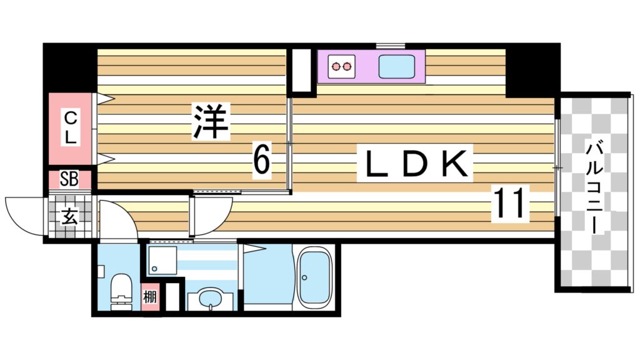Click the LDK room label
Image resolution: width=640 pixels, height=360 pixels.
(414, 164)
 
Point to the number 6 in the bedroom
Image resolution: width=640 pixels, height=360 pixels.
(262, 159)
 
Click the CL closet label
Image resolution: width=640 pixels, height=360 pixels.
(71, 127)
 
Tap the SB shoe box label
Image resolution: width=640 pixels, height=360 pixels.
(69, 180)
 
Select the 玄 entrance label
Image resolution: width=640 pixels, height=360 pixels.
(69, 217)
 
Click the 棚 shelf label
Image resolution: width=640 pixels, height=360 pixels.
(150, 297)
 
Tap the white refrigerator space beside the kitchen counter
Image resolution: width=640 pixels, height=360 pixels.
(302, 69)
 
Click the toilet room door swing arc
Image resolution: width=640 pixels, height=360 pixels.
(114, 219)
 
